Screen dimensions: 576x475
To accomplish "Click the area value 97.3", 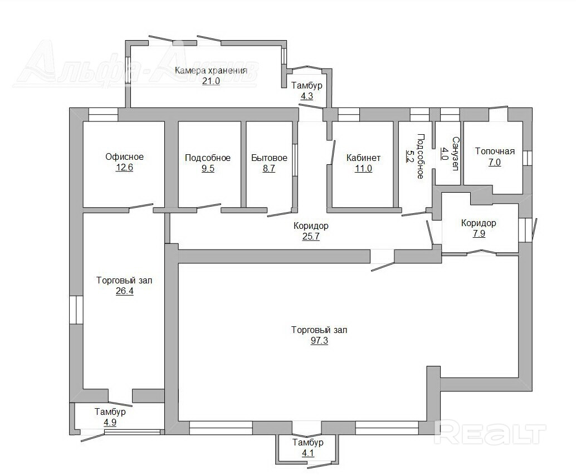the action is click(x=319, y=341).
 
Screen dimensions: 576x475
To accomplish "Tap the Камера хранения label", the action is click(x=211, y=71).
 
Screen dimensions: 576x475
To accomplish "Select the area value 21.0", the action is click(x=211, y=81).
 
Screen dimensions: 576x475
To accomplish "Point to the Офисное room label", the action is click(x=125, y=157).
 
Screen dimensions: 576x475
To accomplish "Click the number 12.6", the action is click(x=124, y=168).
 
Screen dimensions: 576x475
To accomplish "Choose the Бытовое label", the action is click(x=269, y=158).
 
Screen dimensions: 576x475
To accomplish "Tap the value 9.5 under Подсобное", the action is click(x=208, y=169).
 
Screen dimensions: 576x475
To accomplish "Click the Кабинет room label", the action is click(x=363, y=158).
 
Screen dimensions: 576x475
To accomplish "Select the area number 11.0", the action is click(x=363, y=169).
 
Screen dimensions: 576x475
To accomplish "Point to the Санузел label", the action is click(x=456, y=154).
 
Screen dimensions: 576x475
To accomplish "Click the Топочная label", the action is click(x=495, y=151).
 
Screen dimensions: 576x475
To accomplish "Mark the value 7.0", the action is click(x=495, y=162).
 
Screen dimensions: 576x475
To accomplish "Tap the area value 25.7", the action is click(x=311, y=237).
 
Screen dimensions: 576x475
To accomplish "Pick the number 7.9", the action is click(x=479, y=233).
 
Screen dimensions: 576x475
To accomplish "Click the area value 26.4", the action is click(x=125, y=291).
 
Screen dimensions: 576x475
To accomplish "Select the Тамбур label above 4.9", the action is click(x=110, y=412).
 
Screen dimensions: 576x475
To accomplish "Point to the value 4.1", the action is click(x=308, y=453).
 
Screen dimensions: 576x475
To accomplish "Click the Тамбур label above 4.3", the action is click(x=307, y=86).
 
